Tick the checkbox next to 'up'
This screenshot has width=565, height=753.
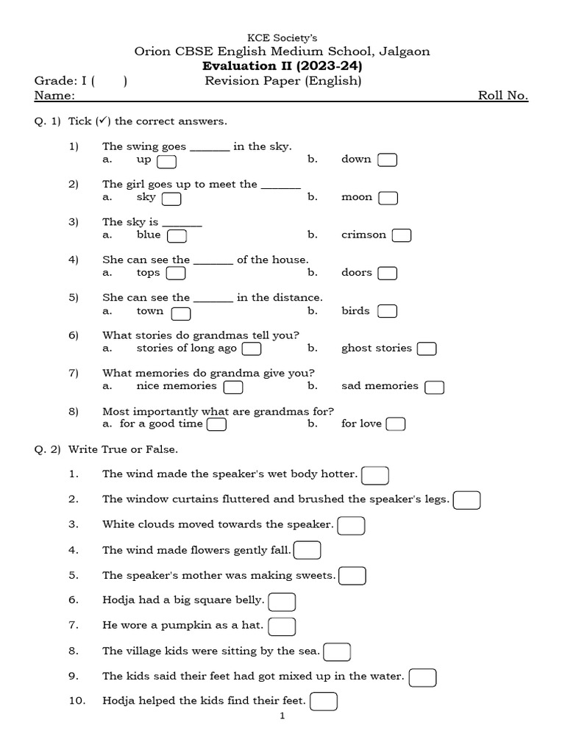[166, 161]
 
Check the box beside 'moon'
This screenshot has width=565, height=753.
[388, 198]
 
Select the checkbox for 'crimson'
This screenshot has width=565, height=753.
[402, 235]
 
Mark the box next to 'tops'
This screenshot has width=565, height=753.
[176, 274]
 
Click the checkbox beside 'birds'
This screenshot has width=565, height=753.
[388, 311]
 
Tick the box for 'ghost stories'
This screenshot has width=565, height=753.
[427, 349]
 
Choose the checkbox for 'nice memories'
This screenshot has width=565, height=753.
[233, 387]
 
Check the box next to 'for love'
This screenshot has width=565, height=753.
[396, 424]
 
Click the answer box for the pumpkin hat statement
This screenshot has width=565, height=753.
[282, 627]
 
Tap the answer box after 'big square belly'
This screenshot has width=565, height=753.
[282, 602]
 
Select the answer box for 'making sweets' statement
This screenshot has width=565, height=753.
[352, 576]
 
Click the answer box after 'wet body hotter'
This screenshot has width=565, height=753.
[375, 476]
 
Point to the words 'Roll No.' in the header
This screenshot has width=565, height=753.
[503, 96]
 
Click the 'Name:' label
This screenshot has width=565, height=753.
[54, 96]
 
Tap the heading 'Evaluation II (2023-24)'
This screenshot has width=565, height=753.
[282, 66]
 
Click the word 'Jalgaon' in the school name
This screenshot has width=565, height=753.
[405, 51]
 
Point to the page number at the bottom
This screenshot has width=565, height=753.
[282, 716]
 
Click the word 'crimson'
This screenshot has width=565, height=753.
[363, 235]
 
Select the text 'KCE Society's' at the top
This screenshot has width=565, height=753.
[282, 38]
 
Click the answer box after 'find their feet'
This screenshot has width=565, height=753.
[324, 702]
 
